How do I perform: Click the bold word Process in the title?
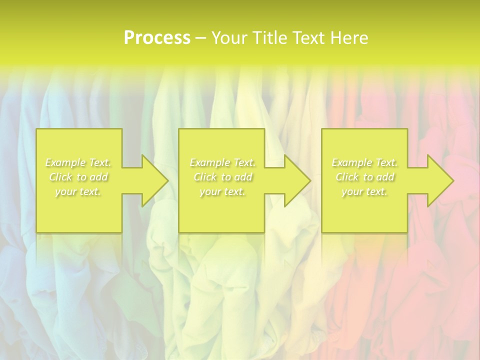click(x=157, y=38)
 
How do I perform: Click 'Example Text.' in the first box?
click(x=78, y=162)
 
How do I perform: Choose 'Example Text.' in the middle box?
click(x=222, y=162)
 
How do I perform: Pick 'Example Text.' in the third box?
click(x=364, y=162)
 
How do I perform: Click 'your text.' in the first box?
click(x=78, y=191)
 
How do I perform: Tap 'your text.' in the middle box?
click(x=222, y=191)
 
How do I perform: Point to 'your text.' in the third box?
click(x=364, y=191)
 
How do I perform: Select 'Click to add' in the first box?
click(x=78, y=177)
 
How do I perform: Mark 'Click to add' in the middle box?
click(x=222, y=177)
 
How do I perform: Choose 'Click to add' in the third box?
click(x=364, y=177)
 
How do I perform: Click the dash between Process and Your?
click(x=200, y=38)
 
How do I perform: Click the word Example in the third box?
click(x=351, y=162)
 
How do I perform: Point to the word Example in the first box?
click(x=65, y=162)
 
